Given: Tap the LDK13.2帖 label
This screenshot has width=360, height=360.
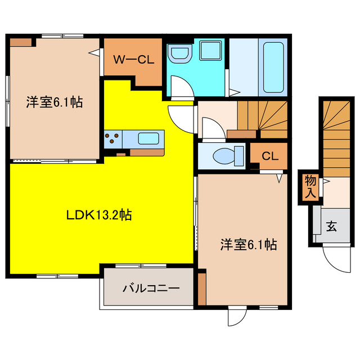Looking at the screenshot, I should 99,214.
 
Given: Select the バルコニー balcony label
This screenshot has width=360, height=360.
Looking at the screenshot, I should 151,288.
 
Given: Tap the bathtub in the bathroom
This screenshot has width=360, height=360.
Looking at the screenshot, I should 273,68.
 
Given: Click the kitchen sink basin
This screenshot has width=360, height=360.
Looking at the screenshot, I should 148,138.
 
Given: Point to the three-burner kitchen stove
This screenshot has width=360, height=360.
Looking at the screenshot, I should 113,138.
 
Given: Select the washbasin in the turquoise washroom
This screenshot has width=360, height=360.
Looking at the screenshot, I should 180,54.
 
